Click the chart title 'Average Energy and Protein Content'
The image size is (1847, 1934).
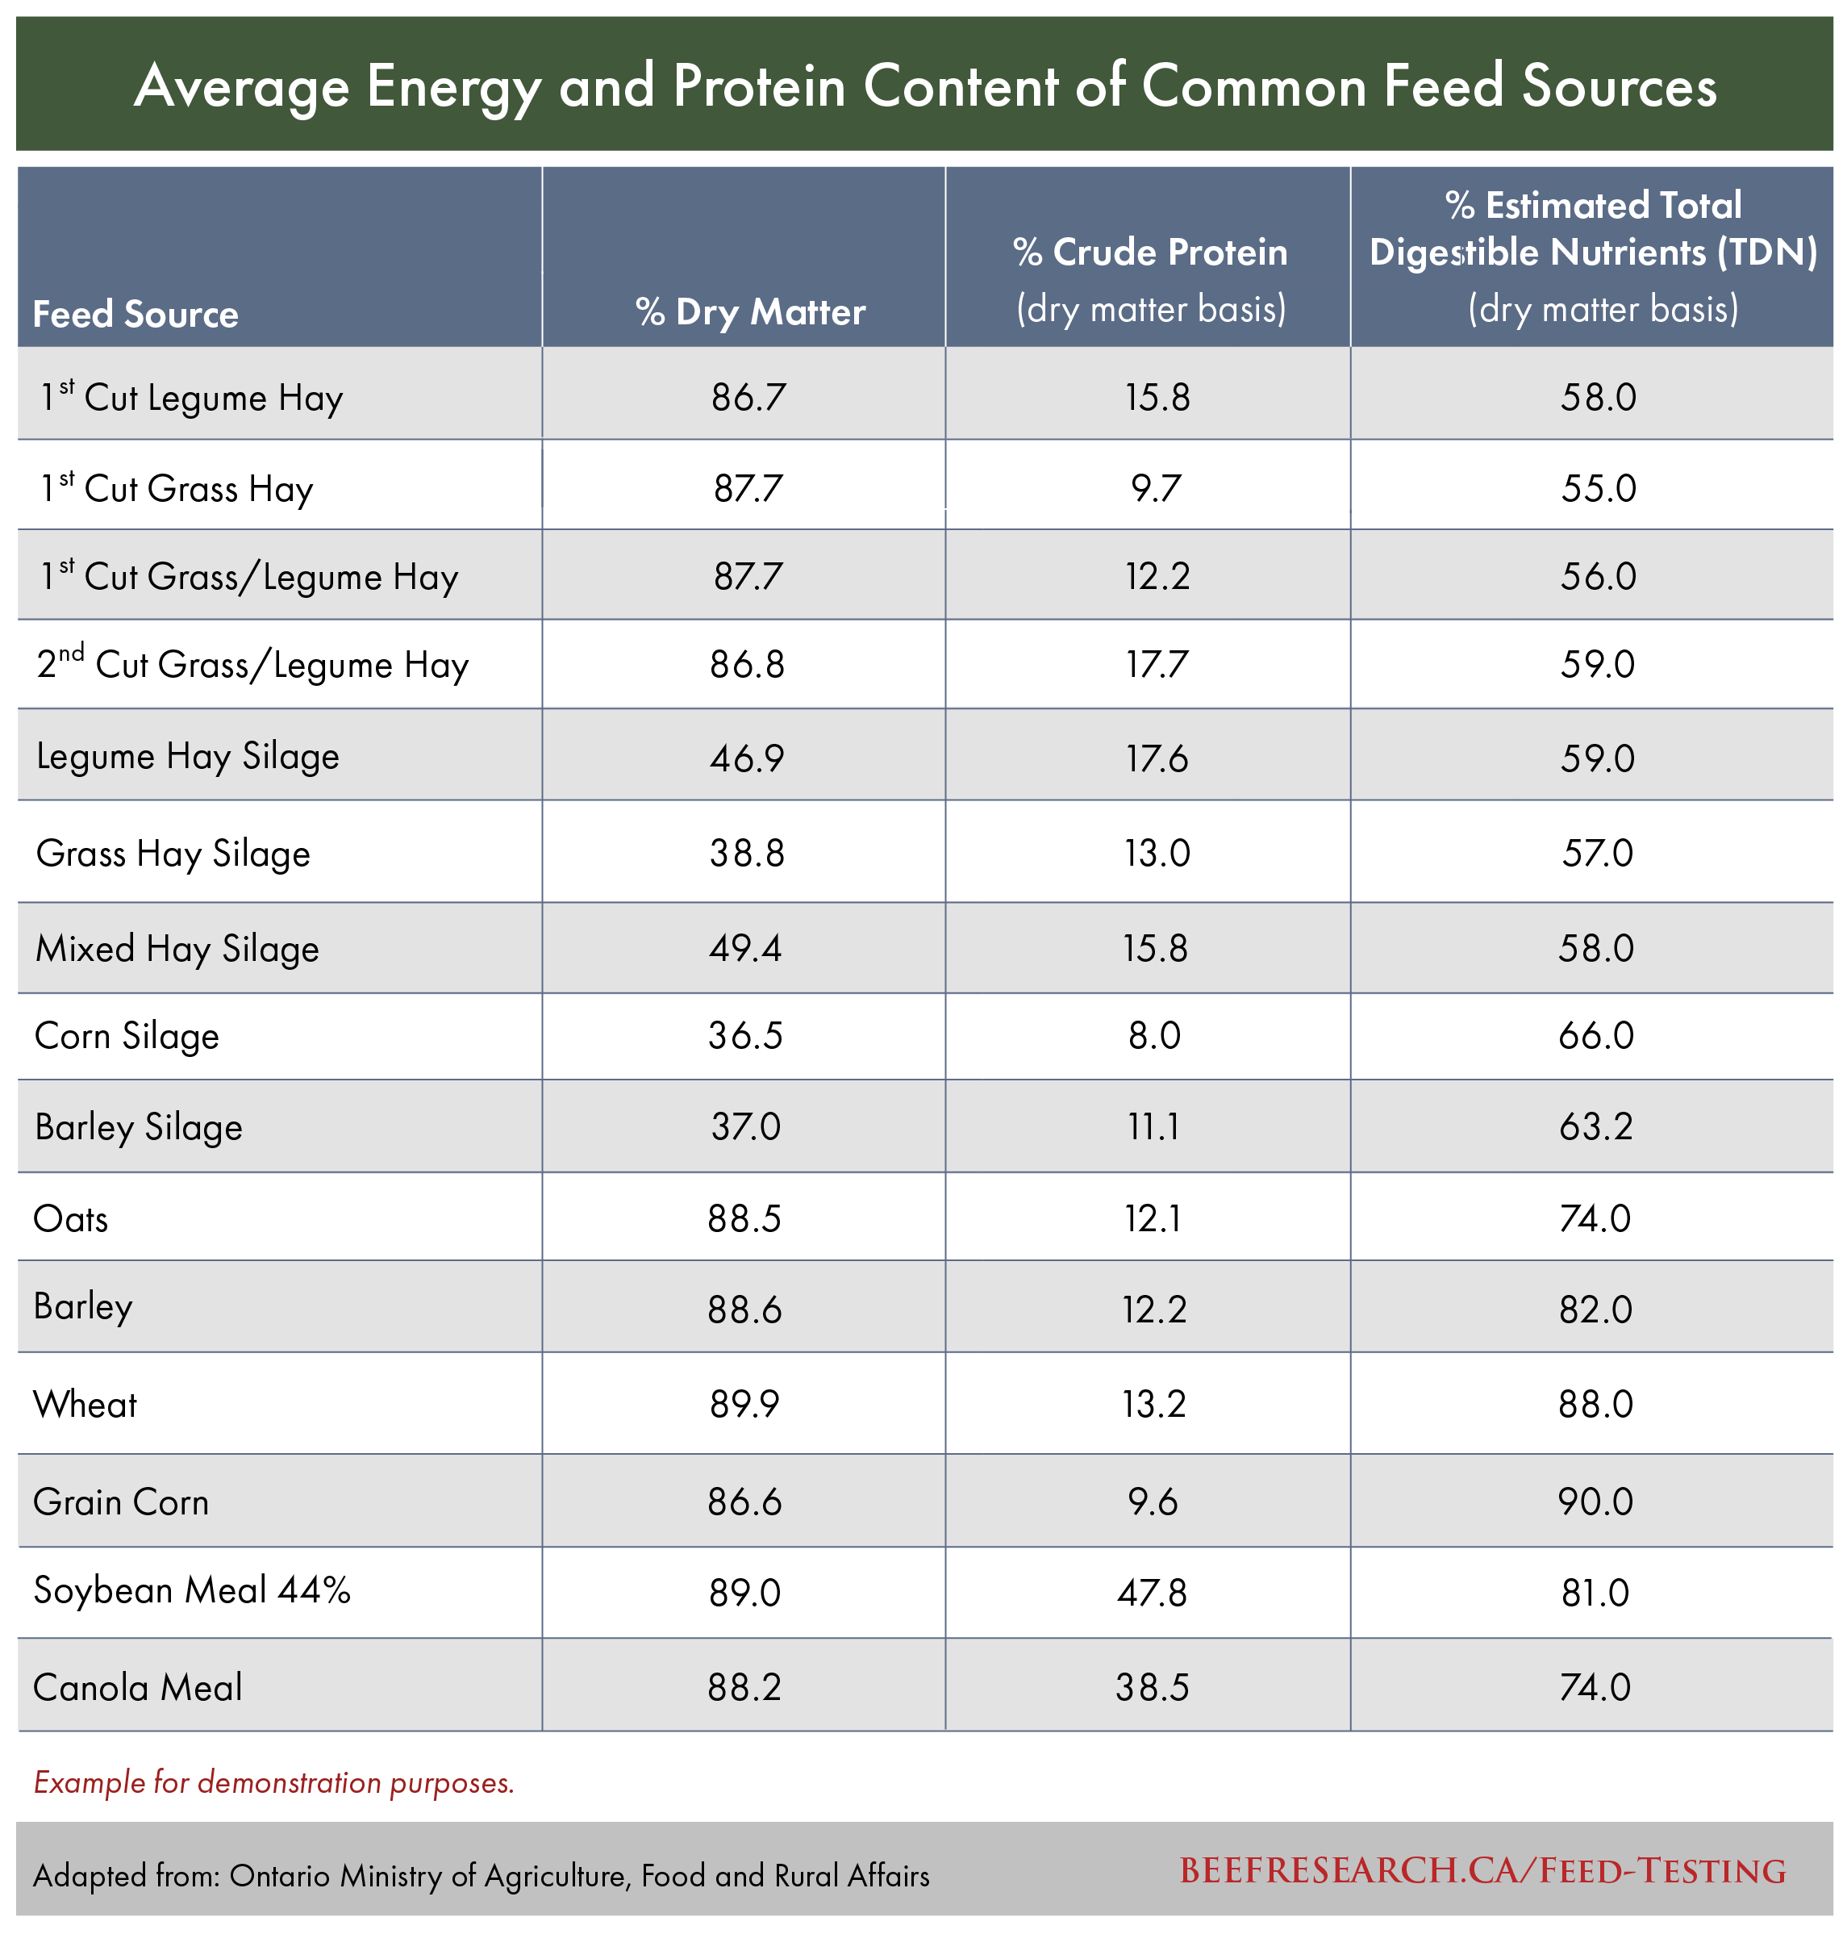click(924, 86)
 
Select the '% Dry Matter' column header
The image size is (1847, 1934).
click(750, 312)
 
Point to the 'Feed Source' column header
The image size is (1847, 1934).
click(136, 314)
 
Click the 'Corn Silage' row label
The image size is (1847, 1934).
click(127, 1036)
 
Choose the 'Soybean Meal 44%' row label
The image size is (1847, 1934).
click(192, 1590)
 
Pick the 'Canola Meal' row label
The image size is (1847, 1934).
click(138, 1687)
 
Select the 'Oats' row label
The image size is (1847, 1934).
click(71, 1219)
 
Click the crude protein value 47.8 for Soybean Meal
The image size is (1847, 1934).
click(1152, 1592)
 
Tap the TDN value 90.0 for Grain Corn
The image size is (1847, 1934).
click(1595, 1502)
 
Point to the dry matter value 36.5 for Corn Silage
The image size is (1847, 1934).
click(745, 1036)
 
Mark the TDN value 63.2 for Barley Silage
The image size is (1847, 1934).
click(1595, 1126)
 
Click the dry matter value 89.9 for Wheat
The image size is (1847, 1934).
click(744, 1404)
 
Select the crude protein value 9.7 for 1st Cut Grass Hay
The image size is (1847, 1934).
click(1155, 488)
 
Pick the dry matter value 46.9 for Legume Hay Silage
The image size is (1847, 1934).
click(747, 758)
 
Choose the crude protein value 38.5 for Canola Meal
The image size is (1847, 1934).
click(1152, 1688)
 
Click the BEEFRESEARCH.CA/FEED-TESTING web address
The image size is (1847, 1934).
click(1482, 1871)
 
